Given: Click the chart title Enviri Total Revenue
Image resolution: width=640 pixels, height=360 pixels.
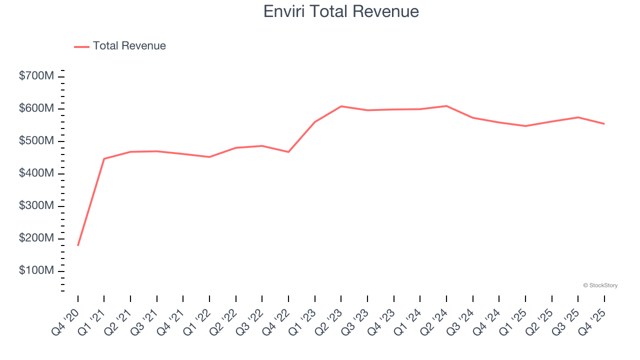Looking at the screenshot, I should point(341,11).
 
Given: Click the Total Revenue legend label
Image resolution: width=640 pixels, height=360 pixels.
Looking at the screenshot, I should point(129,46).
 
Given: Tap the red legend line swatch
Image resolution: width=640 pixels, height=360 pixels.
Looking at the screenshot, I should point(81,46).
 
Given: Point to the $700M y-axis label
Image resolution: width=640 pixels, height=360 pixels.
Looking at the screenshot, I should point(36,76).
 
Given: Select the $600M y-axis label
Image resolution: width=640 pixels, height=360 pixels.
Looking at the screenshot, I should point(36,109).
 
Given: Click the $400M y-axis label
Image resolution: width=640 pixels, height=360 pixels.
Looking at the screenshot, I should point(36,173).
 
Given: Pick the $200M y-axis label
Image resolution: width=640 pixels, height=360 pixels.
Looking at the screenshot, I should point(36,238).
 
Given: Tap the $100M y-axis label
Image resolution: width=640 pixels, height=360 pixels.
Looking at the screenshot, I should point(36,271).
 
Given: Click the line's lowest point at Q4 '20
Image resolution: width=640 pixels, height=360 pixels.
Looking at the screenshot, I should point(78,245).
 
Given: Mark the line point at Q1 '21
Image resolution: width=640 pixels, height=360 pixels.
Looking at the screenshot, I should point(104,158).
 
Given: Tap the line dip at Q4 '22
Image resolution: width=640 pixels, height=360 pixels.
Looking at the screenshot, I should point(288,152).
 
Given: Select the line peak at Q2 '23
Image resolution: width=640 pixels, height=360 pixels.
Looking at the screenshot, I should point(341,106).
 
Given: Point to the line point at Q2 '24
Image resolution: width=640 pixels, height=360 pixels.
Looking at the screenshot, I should point(446,106).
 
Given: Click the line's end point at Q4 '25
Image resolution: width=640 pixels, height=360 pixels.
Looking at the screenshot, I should point(604,123).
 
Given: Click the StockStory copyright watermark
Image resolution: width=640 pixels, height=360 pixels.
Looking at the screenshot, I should point(600,285).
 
